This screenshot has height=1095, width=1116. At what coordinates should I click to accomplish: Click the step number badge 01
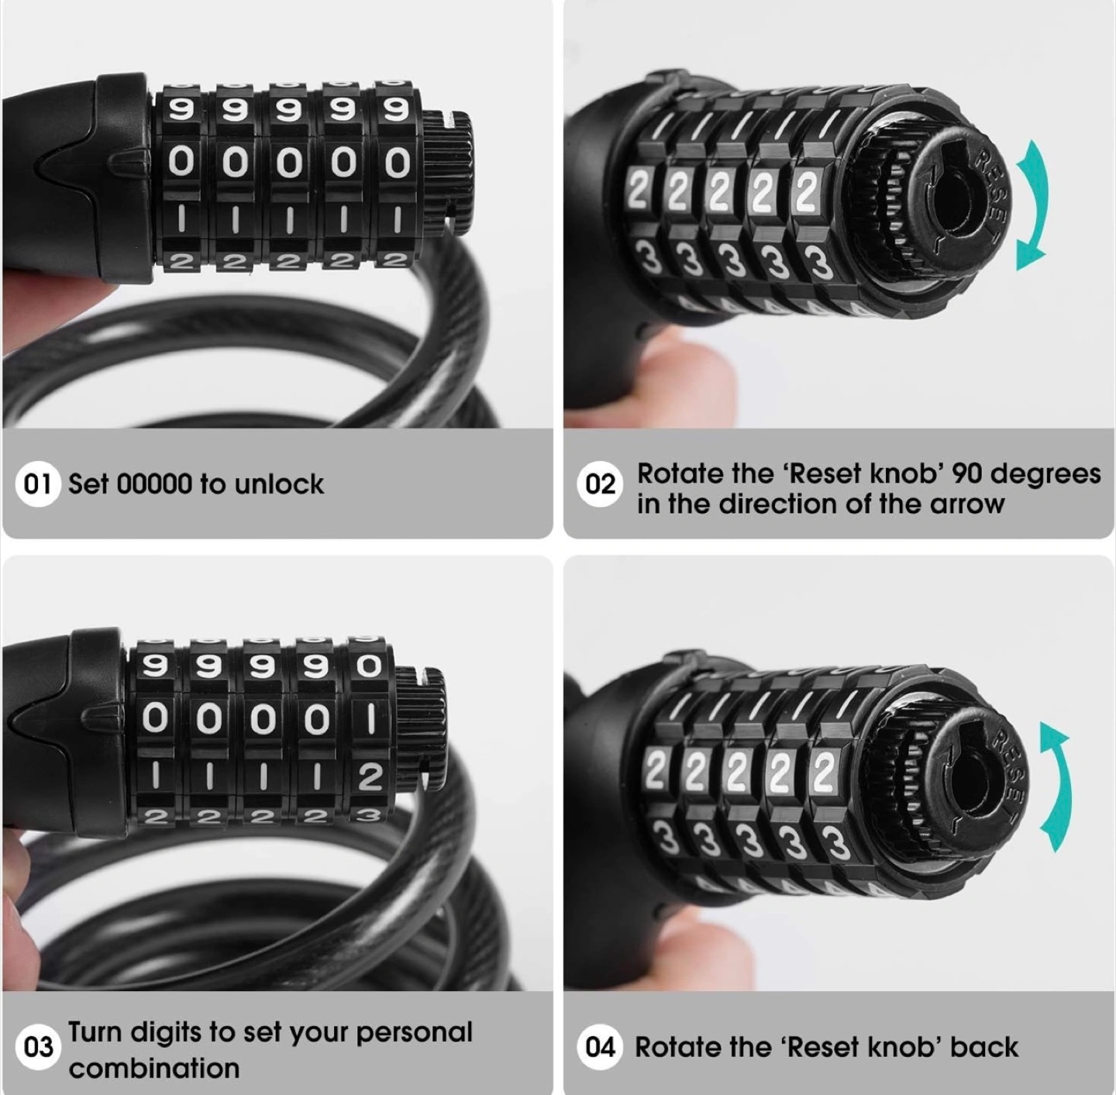click(38, 484)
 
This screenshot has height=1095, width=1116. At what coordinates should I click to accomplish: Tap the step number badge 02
click(600, 484)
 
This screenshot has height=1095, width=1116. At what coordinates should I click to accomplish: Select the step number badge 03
click(38, 1048)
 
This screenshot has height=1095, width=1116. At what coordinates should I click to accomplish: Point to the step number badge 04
click(600, 1048)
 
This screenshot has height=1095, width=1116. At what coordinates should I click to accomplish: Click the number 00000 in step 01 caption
click(154, 484)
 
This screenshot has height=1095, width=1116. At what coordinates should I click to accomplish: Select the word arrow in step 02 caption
click(967, 504)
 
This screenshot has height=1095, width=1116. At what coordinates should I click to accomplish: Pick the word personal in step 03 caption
click(415, 1033)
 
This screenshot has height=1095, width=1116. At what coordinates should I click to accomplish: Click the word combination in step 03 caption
click(154, 1068)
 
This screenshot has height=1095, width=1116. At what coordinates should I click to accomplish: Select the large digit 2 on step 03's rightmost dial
click(370, 777)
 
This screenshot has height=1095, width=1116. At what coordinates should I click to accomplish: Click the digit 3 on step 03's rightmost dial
click(370, 817)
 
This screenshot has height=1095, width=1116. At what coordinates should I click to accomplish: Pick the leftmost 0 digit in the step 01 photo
click(181, 162)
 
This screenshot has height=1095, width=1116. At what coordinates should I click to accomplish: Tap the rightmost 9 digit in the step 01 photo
click(397, 109)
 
